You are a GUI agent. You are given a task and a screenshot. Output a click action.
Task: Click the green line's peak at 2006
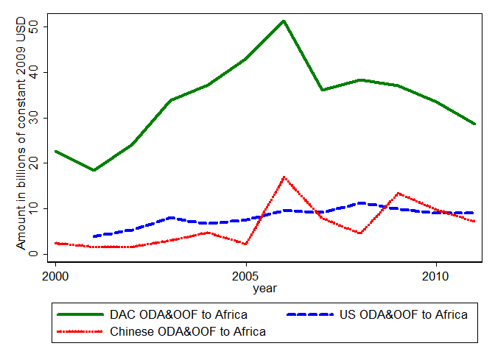click(x=284, y=21)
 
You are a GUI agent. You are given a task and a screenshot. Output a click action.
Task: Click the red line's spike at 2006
click(x=284, y=177)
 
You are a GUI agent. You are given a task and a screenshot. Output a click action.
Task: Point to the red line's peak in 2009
click(x=398, y=193)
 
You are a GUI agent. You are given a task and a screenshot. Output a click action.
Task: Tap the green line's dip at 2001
click(x=94, y=170)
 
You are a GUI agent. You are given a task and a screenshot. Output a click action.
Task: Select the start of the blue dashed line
click(x=94, y=236)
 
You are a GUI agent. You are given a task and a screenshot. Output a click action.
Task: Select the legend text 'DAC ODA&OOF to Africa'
click(x=179, y=315)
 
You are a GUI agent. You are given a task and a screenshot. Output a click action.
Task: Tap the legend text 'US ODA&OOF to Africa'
click(x=403, y=315)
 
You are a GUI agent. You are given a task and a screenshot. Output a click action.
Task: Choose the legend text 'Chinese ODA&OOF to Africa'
click(x=188, y=332)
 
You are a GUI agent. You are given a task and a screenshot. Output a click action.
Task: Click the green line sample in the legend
click(x=81, y=315)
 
